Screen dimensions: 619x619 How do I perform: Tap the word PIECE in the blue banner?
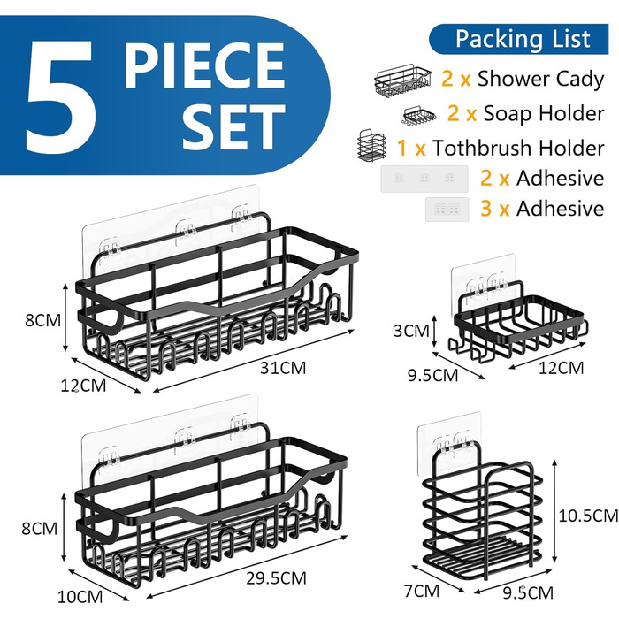204,65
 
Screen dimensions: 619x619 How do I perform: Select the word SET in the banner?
233,126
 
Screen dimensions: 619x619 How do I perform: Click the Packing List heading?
523,39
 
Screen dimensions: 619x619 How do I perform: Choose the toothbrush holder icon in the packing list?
371,146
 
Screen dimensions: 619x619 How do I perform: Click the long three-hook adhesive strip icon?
424,179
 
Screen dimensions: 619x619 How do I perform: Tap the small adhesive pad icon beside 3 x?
447,210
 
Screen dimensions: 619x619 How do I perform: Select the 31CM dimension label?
283,368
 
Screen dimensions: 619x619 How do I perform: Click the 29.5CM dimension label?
276,578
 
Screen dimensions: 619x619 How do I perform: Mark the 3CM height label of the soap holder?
411,331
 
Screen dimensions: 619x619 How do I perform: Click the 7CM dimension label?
422,591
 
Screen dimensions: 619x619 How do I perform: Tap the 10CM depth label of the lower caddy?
80,597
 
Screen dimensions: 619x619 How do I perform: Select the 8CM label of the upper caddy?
42,320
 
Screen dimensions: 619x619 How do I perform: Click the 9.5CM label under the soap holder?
432,375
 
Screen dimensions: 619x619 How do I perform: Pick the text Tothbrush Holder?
518,148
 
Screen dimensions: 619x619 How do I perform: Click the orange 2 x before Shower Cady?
456,78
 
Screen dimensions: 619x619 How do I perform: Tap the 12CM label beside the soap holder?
561,368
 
